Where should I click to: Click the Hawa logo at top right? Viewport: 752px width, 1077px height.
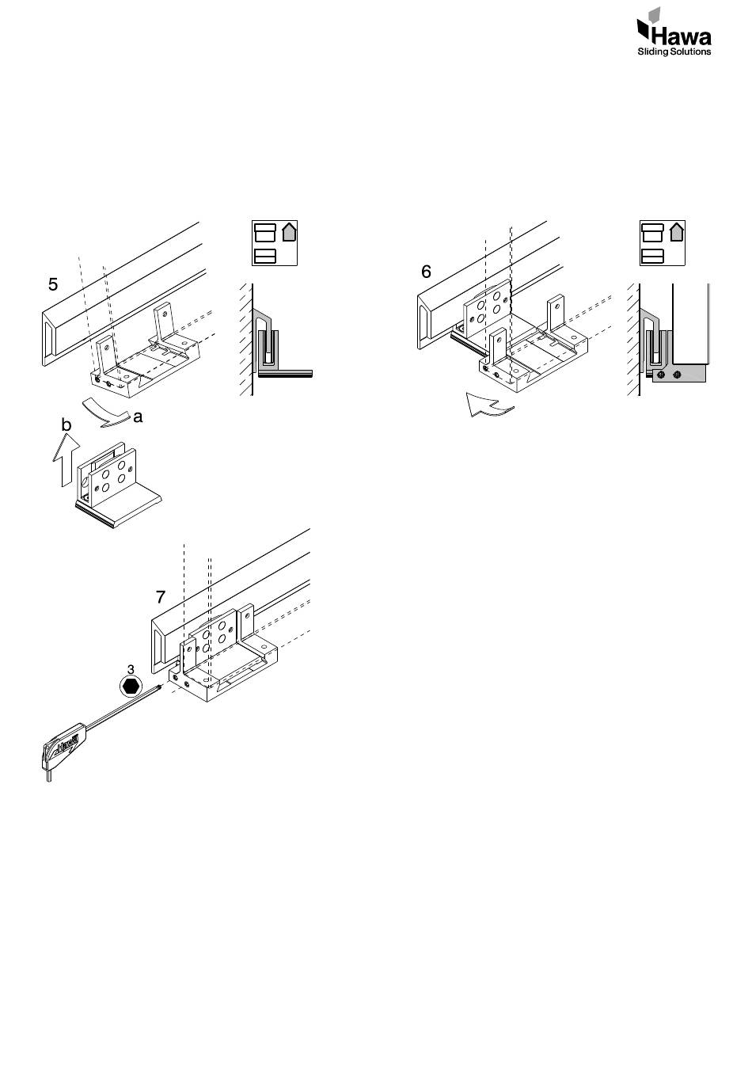pyautogui.click(x=674, y=31)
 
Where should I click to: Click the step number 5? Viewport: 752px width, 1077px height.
pyautogui.click(x=53, y=284)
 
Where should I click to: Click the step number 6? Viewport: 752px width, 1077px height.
pyautogui.click(x=426, y=272)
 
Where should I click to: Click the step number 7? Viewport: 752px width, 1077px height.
pyautogui.click(x=161, y=597)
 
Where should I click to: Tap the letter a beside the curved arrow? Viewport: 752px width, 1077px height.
pyautogui.click(x=138, y=417)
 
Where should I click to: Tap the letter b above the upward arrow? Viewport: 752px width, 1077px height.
pyautogui.click(x=66, y=424)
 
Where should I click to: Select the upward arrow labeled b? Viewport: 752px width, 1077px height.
pyautogui.click(x=66, y=459)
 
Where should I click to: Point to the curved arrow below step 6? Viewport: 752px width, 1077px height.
pyautogui.click(x=488, y=405)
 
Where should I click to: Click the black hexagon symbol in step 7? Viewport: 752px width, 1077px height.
pyautogui.click(x=131, y=686)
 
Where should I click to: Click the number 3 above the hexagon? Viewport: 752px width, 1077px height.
pyautogui.click(x=131, y=669)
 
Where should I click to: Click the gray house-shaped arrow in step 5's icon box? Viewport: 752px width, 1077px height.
pyautogui.click(x=289, y=232)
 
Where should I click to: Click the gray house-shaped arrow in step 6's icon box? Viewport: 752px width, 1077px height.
pyautogui.click(x=677, y=232)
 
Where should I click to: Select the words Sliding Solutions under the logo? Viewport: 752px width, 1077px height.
pyautogui.click(x=674, y=51)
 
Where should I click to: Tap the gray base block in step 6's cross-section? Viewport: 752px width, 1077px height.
pyautogui.click(x=678, y=373)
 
